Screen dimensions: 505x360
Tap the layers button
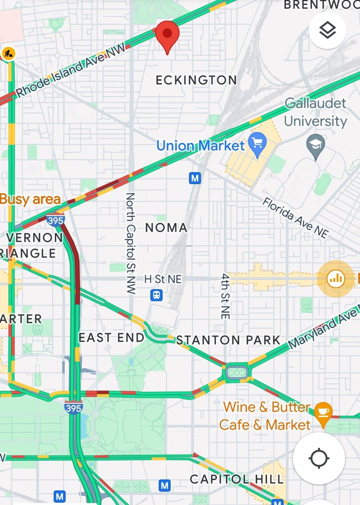[x=327, y=30]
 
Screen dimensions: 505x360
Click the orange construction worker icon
[x=8, y=53]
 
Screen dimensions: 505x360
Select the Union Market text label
[x=200, y=146]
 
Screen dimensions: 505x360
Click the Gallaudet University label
[x=315, y=112]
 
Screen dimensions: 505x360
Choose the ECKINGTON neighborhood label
[x=196, y=80]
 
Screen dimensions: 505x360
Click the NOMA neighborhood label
[x=166, y=228]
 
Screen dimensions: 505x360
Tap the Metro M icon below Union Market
[x=194, y=178]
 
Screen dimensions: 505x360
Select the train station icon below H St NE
[x=156, y=295]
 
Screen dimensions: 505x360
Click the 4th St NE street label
[x=225, y=296]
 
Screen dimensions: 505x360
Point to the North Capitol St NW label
[x=130, y=243]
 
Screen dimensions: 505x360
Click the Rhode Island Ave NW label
[x=70, y=72]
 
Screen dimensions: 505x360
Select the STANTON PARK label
[x=228, y=340]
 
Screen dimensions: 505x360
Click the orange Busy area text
[x=30, y=199]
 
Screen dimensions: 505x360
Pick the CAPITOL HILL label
[x=236, y=479]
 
